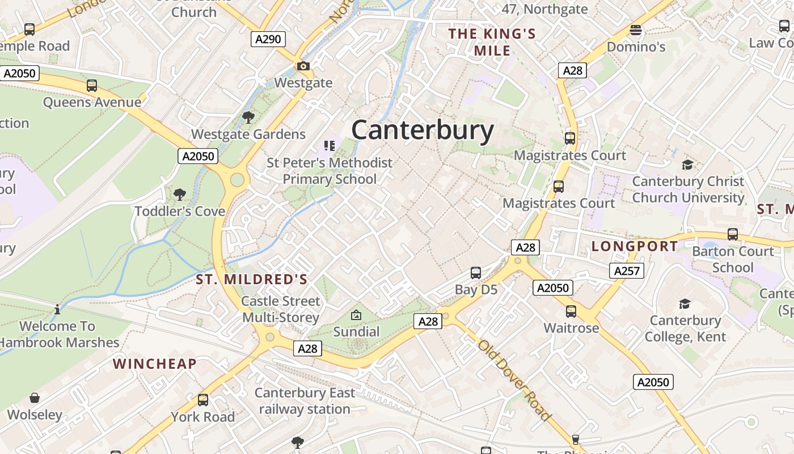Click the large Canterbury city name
click(x=423, y=130)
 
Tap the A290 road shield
click(x=268, y=39)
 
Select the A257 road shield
click(x=627, y=271)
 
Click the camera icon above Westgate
click(x=303, y=66)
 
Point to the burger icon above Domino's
click(x=636, y=30)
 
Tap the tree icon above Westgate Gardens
click(x=248, y=117)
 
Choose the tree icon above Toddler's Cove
click(x=180, y=195)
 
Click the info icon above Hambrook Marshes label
click(x=57, y=310)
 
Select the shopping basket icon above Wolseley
click(x=35, y=398)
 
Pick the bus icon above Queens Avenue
click(x=92, y=86)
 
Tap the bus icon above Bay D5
click(x=476, y=273)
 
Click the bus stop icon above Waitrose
click(x=571, y=312)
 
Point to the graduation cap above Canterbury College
click(x=685, y=304)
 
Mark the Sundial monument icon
click(x=356, y=315)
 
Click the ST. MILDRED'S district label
click(x=252, y=279)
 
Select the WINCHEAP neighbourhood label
click(x=155, y=364)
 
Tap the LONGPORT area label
click(x=635, y=246)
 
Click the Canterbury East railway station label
click(x=305, y=401)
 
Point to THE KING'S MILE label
click(x=492, y=42)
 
